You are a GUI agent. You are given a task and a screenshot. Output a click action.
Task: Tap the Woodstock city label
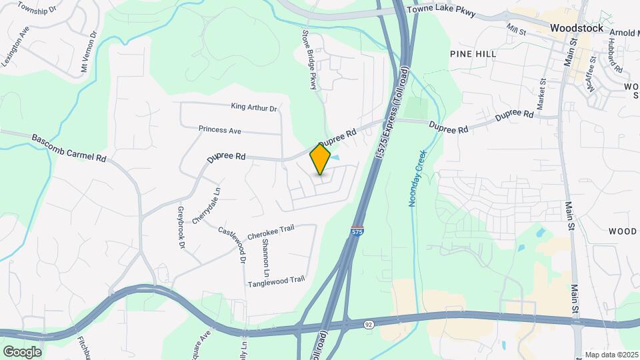[x=577, y=28]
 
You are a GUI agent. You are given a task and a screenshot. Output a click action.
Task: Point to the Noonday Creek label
[x=417, y=178]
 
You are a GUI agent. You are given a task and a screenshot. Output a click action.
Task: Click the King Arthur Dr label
[x=253, y=107]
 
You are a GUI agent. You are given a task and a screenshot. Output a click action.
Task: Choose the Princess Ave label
[x=219, y=130]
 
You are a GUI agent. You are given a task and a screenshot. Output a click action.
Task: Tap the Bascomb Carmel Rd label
[x=69, y=148]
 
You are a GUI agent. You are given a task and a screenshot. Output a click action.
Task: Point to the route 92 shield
[x=369, y=324]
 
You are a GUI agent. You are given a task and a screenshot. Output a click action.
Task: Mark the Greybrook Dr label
[x=180, y=227]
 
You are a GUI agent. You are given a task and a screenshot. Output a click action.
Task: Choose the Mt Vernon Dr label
[x=89, y=52]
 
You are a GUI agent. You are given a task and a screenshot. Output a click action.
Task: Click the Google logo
[x=22, y=351]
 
